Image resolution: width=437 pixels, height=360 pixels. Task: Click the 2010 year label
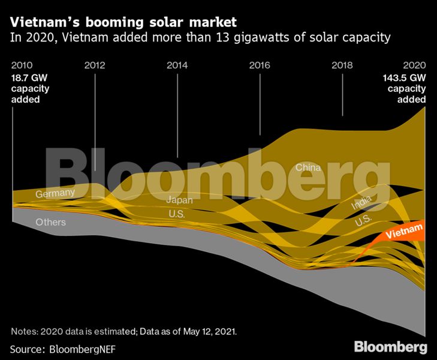(22, 65)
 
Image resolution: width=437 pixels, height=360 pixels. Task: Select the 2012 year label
(95, 65)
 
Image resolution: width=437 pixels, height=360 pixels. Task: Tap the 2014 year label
(177, 65)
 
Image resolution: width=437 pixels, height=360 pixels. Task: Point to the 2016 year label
(260, 65)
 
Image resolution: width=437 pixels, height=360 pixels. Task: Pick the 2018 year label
(342, 65)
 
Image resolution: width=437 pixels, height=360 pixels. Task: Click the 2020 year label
(414, 65)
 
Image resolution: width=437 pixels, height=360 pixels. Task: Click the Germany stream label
(55, 193)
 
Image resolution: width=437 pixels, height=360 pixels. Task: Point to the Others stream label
(50, 222)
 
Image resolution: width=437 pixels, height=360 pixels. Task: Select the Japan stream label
(180, 200)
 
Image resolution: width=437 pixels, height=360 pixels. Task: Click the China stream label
(309, 167)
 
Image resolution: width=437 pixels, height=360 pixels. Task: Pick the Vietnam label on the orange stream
(404, 231)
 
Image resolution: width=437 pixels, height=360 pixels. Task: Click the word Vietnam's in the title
(42, 22)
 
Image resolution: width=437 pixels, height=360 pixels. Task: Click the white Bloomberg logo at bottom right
(390, 347)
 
